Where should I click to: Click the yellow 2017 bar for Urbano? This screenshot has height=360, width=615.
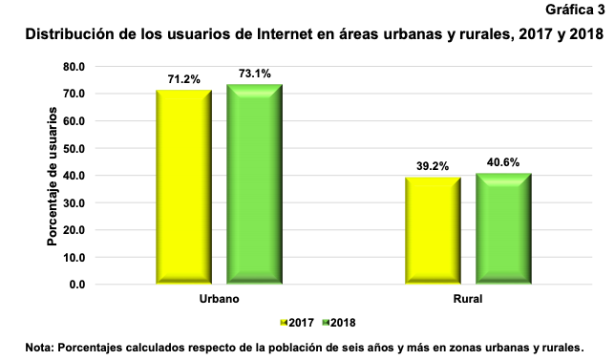pyautogui.click(x=184, y=186)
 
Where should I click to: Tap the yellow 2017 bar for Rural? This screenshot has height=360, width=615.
pyautogui.click(x=433, y=230)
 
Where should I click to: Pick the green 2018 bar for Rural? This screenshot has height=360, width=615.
pyautogui.click(x=502, y=228)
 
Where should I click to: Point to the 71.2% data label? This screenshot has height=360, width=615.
pyautogui.click(x=183, y=80)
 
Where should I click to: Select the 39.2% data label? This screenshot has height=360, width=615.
pyautogui.click(x=433, y=166)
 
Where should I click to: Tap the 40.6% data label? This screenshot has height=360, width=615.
pyautogui.click(x=502, y=162)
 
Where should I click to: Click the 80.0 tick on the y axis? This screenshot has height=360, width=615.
pyautogui.click(x=74, y=67)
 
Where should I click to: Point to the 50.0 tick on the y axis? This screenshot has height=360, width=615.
pyautogui.click(x=74, y=148)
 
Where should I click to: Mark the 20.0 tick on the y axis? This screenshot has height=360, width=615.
pyautogui.click(x=74, y=230)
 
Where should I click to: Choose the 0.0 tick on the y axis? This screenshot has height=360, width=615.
pyautogui.click(x=76, y=285)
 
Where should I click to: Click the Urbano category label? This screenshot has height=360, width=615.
pyautogui.click(x=219, y=300)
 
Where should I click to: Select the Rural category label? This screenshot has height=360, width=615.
pyautogui.click(x=467, y=300)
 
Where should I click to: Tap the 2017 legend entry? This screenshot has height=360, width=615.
pyautogui.click(x=298, y=323)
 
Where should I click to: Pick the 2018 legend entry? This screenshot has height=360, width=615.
pyautogui.click(x=339, y=323)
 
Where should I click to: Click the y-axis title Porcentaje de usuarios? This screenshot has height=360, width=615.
pyautogui.click(x=53, y=176)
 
